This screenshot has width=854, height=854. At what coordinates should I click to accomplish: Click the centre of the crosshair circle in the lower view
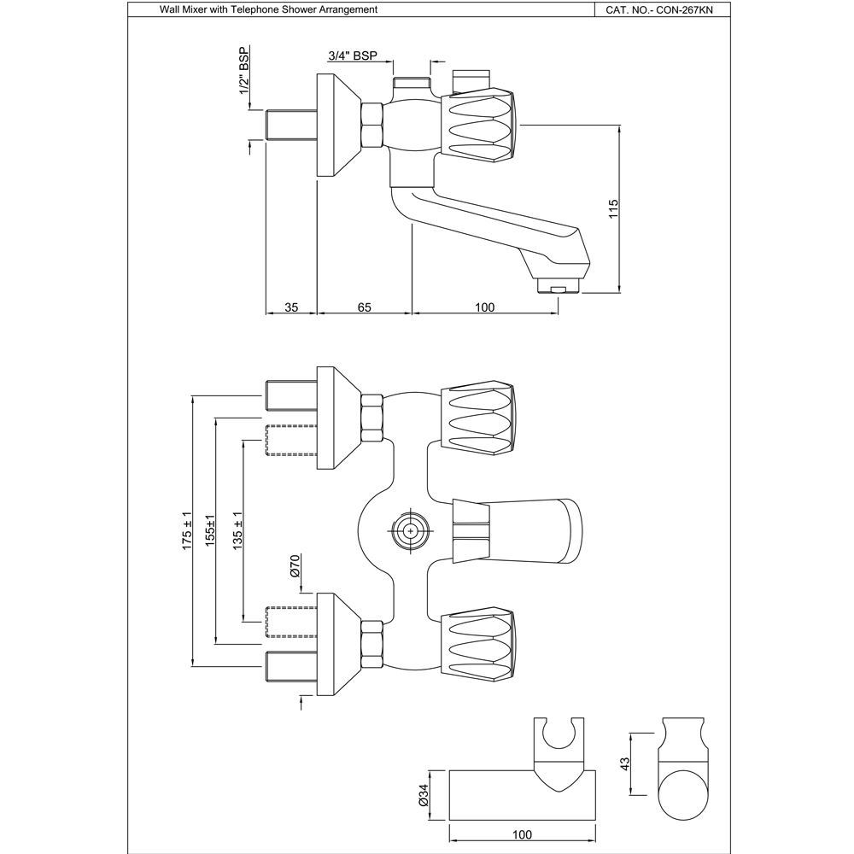point(410,529)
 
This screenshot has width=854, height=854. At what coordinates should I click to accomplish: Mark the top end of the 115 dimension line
point(619,126)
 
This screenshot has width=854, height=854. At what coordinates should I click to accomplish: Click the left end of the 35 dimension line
point(266,313)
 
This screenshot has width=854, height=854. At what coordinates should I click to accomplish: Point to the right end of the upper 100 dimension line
point(559,313)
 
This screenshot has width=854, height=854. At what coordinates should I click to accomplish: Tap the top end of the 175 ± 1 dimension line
point(193,396)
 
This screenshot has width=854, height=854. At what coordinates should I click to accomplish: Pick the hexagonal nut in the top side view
point(372,126)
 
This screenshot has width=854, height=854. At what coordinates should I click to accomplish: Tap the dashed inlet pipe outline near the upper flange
point(290,440)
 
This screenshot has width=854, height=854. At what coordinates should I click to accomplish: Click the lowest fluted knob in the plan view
point(477,646)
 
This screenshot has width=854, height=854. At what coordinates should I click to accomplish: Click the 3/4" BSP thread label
point(353,55)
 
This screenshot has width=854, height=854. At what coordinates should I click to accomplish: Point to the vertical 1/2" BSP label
point(244,71)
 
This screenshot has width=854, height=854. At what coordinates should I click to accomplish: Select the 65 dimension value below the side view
point(365,307)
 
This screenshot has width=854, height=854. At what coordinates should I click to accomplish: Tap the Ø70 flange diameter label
point(295,566)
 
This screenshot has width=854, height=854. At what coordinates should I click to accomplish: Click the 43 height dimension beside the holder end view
point(625,764)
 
